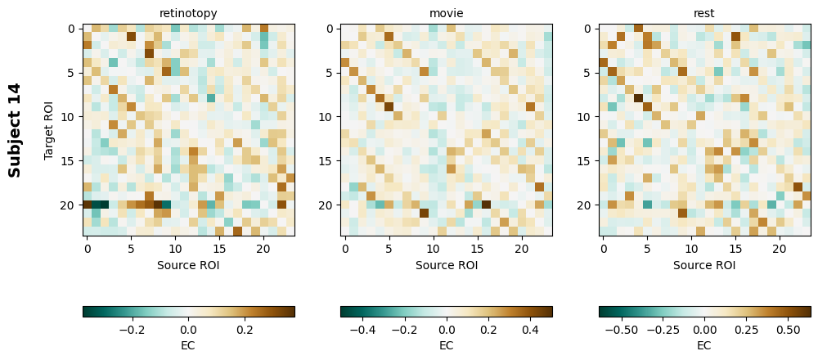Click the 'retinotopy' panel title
click(x=188, y=13)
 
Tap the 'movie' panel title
click(x=446, y=13)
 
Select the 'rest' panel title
click(x=704, y=13)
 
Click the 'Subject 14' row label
click(x=15, y=130)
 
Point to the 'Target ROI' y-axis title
click(x=49, y=130)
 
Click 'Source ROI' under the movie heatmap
click(x=446, y=264)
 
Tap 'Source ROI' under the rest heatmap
click(x=704, y=264)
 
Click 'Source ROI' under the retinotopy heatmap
click(x=188, y=264)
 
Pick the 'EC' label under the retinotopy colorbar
click(x=188, y=344)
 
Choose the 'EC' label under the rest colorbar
click(x=704, y=344)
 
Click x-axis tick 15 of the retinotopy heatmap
click(x=219, y=248)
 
